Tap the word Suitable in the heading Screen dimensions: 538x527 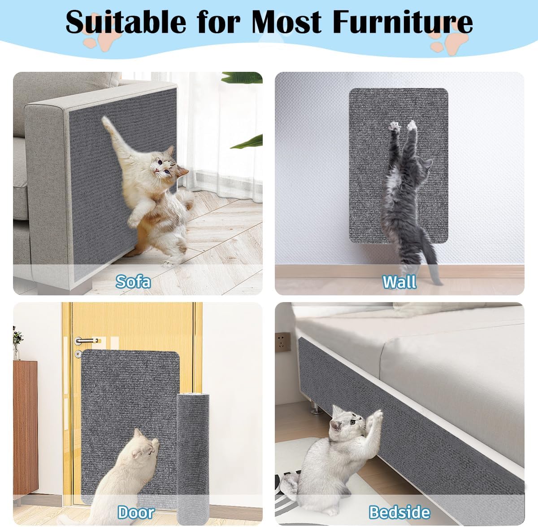[x=126, y=22]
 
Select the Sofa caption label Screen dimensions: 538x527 [x=133, y=281]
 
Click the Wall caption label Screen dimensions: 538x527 [x=399, y=282]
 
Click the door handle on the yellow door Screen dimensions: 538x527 [x=85, y=341]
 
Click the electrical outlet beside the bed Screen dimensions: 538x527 [x=283, y=342]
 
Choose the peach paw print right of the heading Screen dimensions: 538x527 [x=448, y=41]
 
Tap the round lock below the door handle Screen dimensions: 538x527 [x=78, y=353]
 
